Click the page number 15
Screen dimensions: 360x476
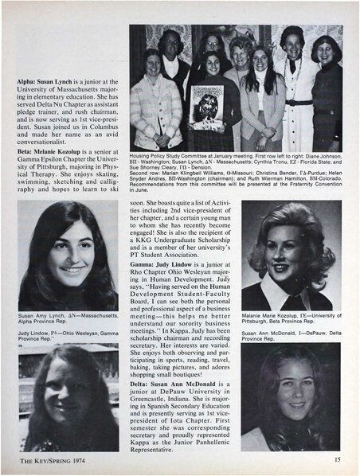coord(338,460)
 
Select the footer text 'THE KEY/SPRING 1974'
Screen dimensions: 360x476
coord(50,460)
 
